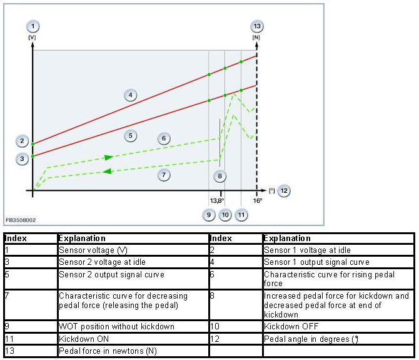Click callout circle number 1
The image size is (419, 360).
coord(33,26)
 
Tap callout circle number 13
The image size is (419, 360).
coord(256,26)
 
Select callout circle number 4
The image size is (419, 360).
coord(130,95)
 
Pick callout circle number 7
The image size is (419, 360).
coord(164,175)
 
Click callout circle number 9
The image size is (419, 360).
coord(209,215)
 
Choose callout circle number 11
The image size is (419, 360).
coord(241,215)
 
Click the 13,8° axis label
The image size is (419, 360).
coord(216,200)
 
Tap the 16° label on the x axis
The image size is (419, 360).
coord(258,200)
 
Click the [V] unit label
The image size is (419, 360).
coord(32,38)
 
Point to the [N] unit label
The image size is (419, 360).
coord(256,38)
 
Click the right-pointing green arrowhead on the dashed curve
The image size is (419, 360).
coord(109,157)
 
